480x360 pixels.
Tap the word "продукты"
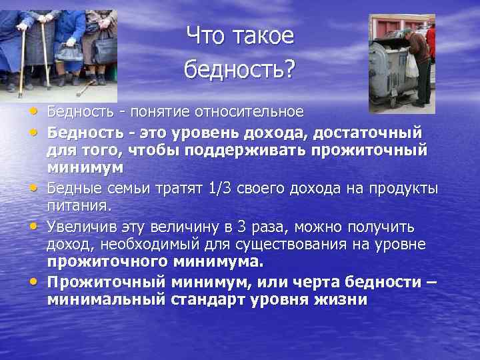[405, 189]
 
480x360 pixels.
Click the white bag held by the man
[411, 66]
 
